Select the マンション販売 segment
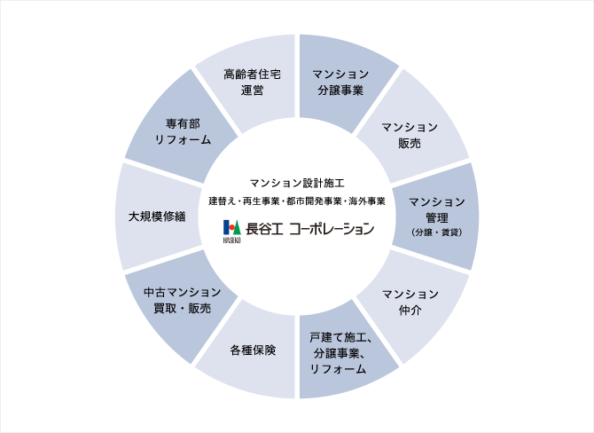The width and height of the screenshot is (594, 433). coord(410,134)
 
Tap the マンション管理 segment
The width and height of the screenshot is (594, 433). coord(436,215)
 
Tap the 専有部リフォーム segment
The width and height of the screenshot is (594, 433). coord(182,132)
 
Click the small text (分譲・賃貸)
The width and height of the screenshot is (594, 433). coord(436,232)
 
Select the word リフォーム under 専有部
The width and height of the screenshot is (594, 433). coord(182,140)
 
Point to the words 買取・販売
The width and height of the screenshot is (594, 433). coord(182,309)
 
